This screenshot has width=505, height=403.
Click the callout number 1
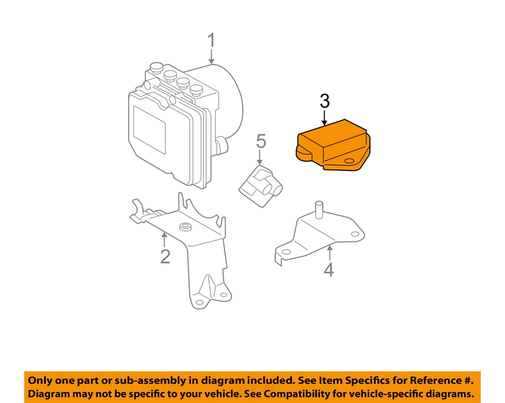211,40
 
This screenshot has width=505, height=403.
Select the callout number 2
165,257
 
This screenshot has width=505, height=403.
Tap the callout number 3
325,101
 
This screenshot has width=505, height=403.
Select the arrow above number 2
164,240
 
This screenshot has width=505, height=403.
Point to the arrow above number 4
330,253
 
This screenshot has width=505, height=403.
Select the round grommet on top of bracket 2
185,227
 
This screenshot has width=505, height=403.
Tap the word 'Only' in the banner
40,380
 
